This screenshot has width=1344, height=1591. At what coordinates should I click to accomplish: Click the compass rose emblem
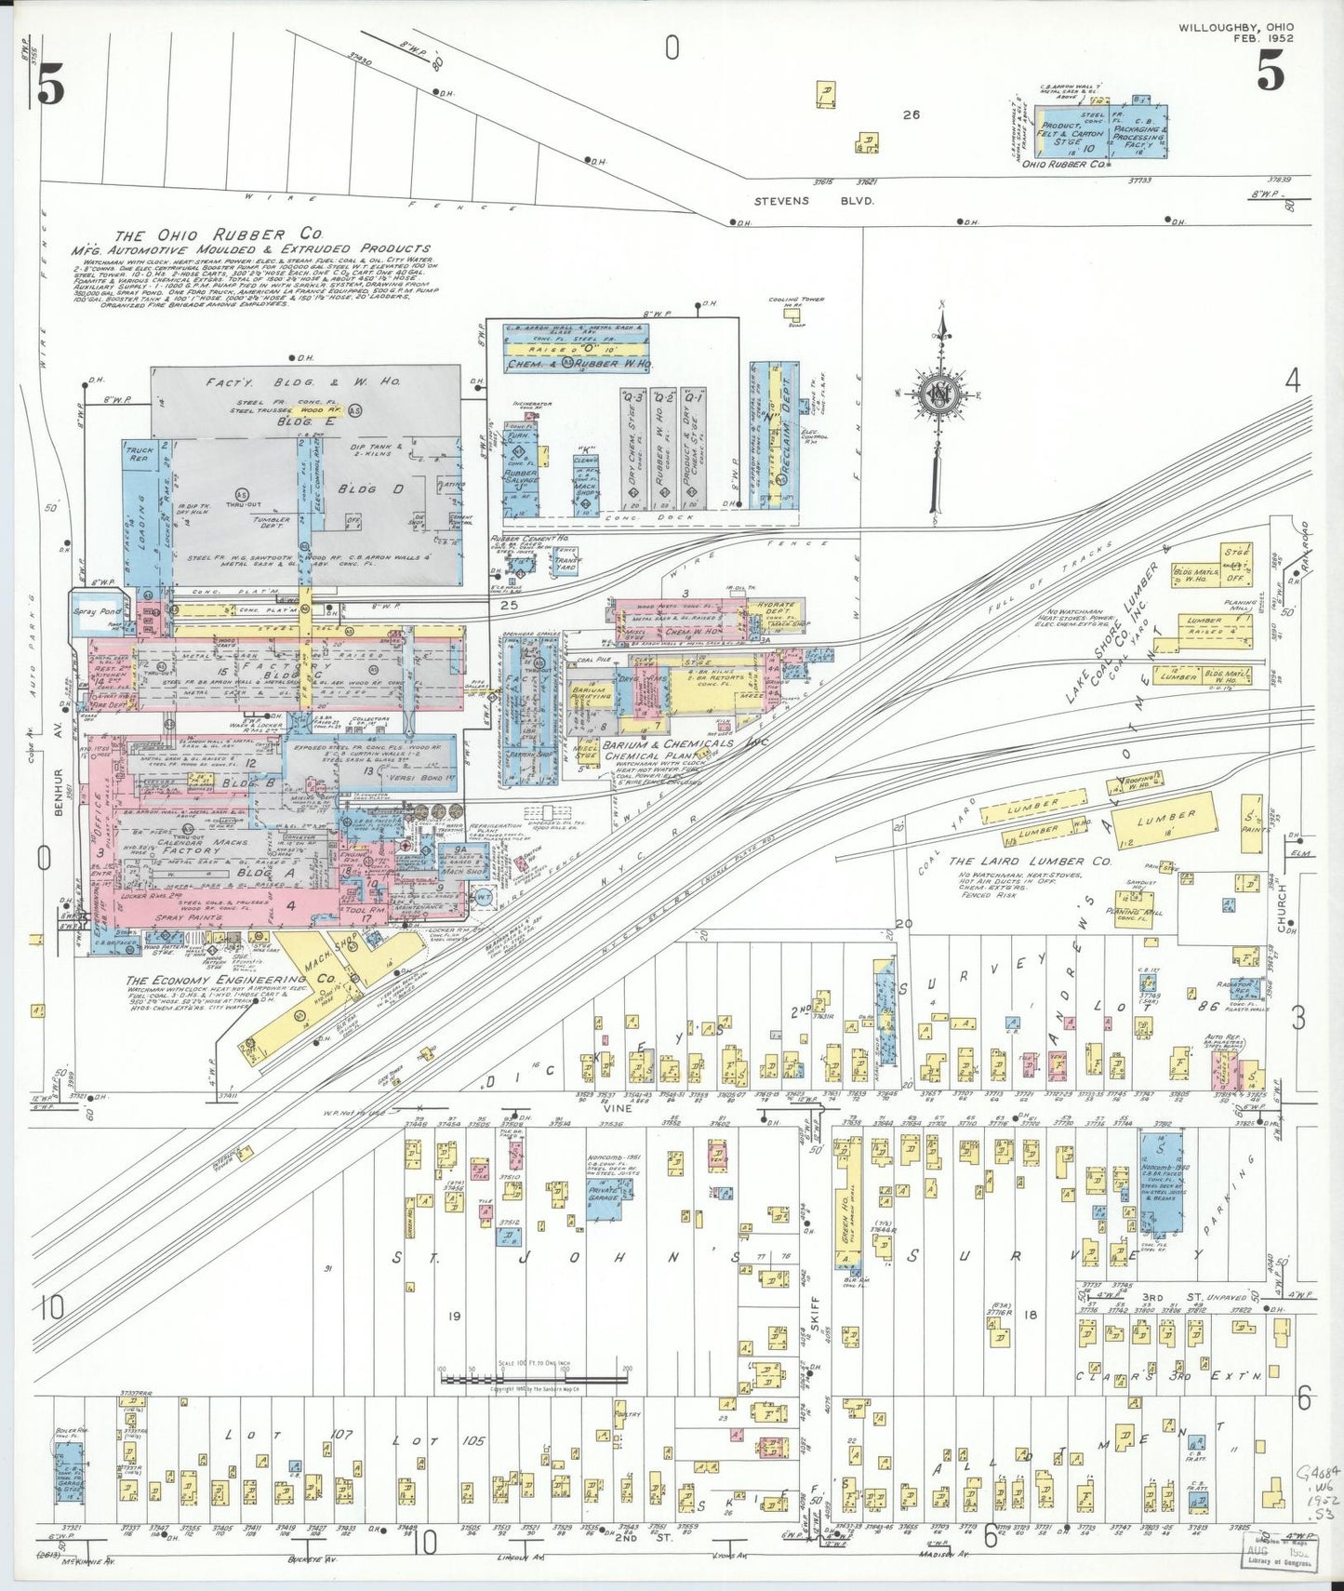tap(941, 394)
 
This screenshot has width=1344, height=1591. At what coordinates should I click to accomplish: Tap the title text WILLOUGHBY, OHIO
tap(1235, 27)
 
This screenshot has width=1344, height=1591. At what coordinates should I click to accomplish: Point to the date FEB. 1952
tap(1262, 38)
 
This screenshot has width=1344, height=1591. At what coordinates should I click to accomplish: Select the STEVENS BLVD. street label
tap(814, 200)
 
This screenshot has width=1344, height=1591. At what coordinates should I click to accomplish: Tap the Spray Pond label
tap(97, 611)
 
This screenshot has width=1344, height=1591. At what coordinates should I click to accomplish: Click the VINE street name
tap(618, 1107)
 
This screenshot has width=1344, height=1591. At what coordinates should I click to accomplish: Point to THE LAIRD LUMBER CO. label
tap(1030, 862)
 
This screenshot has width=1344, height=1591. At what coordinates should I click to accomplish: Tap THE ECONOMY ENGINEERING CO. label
tap(231, 980)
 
